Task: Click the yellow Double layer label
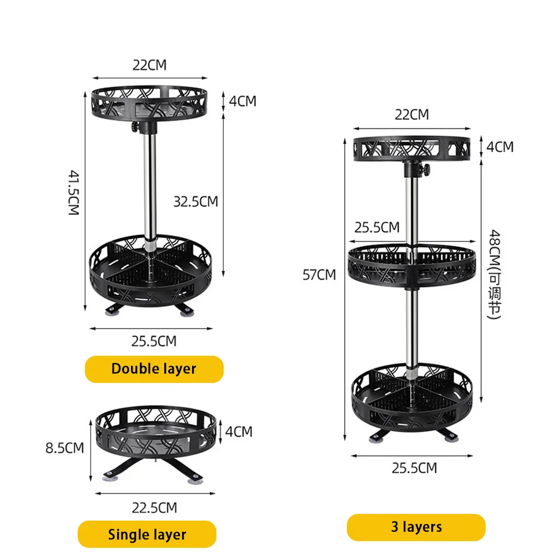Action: tap(154, 369)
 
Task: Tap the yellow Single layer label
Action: tap(147, 534)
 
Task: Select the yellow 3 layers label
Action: tap(416, 527)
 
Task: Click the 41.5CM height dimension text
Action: tap(73, 193)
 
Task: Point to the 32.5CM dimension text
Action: tap(195, 201)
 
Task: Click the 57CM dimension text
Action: tap(319, 274)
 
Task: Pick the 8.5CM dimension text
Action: tap(64, 447)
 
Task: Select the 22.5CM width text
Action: tap(154, 507)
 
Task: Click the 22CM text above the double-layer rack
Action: tap(149, 65)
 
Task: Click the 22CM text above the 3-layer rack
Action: tap(411, 114)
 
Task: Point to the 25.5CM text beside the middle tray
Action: tap(377, 227)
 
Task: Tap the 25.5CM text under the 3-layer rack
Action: tap(414, 468)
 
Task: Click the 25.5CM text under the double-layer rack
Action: tap(154, 341)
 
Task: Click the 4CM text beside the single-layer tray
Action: tap(239, 431)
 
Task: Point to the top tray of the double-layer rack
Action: tap(149, 100)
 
